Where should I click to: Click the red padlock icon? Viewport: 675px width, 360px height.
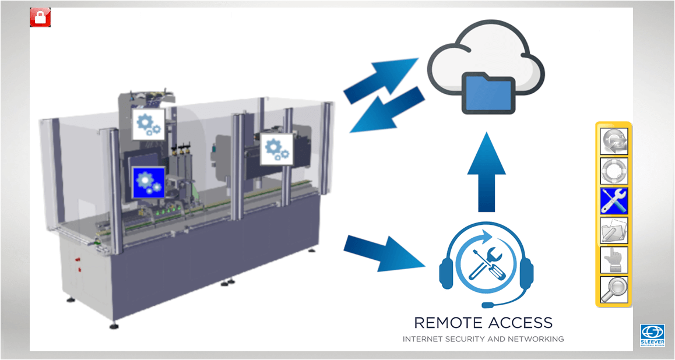(x=40, y=17)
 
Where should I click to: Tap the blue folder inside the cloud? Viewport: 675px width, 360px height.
(x=488, y=93)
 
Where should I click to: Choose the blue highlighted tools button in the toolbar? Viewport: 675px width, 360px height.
(x=614, y=200)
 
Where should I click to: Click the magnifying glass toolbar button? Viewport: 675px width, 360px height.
(x=614, y=290)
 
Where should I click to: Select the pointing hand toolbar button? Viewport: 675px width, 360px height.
(x=614, y=260)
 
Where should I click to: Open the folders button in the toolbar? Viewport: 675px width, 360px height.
(x=614, y=230)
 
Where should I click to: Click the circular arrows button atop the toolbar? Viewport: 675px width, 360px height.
(x=614, y=142)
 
